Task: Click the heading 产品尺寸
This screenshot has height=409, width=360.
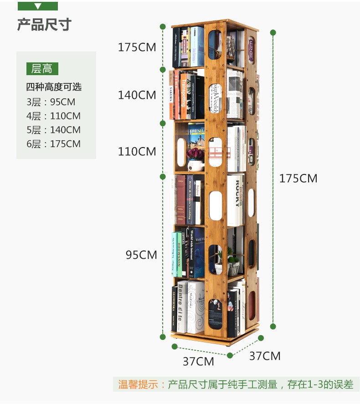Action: [x=44, y=24]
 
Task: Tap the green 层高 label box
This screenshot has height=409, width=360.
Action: [x=42, y=69]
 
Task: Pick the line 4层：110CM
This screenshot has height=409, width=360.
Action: [x=53, y=116]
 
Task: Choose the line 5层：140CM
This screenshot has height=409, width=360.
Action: [x=53, y=130]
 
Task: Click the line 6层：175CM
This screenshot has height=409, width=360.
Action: [x=53, y=144]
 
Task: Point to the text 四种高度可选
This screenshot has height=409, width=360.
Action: [x=53, y=87]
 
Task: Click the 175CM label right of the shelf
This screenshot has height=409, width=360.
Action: [x=298, y=179]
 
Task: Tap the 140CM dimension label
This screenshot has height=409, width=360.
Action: [x=137, y=95]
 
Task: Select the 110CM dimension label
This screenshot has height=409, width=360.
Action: [x=137, y=151]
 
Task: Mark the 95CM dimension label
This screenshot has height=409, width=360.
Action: [x=141, y=255]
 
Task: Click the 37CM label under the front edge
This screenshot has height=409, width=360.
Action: [x=198, y=362]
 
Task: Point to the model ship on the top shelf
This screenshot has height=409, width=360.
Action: [x=231, y=46]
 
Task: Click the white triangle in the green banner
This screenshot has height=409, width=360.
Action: [x=38, y=6]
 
